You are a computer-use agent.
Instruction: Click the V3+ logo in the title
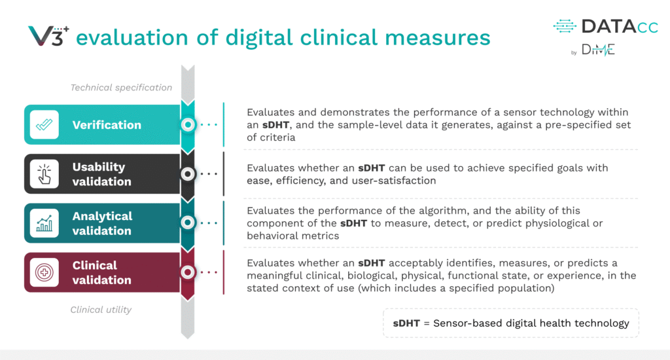pyautogui.click(x=48, y=35)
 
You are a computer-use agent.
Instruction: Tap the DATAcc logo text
pyautogui.click(x=620, y=26)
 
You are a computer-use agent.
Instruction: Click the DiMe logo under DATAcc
pyautogui.click(x=598, y=50)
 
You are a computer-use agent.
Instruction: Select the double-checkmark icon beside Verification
pyautogui.click(x=44, y=124)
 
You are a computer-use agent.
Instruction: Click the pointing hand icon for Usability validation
pyautogui.click(x=44, y=174)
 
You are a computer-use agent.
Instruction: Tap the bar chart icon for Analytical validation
pyautogui.click(x=44, y=223)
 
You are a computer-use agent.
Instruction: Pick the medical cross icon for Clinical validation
pyautogui.click(x=44, y=272)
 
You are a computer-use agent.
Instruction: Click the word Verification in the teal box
pyautogui.click(x=107, y=125)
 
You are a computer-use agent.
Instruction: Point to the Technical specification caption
pyautogui.click(x=121, y=88)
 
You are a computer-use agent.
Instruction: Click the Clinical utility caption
pyautogui.click(x=101, y=310)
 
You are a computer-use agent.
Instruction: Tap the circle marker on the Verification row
pyautogui.click(x=188, y=124)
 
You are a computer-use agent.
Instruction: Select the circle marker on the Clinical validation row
pyautogui.click(x=188, y=272)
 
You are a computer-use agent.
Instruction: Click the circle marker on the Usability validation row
pyautogui.click(x=188, y=174)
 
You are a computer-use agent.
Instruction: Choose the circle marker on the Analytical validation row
pyautogui.click(x=188, y=223)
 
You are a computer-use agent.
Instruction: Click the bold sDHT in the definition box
pyautogui.click(x=406, y=323)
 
